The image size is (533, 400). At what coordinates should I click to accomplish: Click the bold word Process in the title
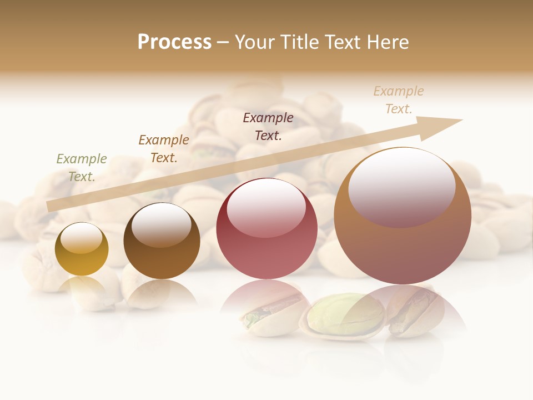(x=174, y=42)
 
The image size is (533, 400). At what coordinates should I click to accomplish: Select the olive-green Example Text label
(x=82, y=167)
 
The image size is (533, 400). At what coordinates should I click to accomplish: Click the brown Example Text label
(x=164, y=148)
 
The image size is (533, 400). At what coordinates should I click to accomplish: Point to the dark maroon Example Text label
(x=268, y=126)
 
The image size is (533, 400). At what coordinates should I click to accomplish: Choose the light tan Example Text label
(x=399, y=99)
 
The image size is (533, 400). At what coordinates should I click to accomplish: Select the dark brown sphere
(x=162, y=247)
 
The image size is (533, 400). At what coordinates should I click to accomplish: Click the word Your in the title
(x=252, y=42)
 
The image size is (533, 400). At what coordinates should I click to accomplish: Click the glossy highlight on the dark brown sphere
(x=161, y=224)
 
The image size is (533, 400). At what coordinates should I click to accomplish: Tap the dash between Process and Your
(x=223, y=42)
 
